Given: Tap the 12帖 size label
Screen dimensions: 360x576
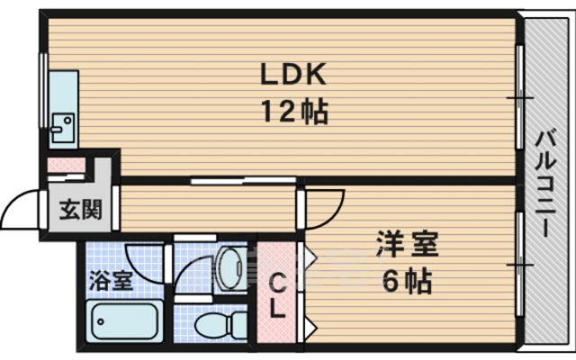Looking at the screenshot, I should [294, 112].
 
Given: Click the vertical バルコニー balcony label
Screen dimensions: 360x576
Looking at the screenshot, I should [545, 184].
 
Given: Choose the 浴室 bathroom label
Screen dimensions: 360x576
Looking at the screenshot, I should [110, 279].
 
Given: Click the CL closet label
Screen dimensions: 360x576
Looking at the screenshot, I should [279, 296].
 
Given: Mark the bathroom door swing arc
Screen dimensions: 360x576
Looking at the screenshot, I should [144, 256].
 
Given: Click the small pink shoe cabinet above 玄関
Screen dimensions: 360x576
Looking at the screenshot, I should [66, 166].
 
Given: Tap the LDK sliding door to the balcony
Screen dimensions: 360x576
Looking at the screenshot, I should [519, 95].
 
